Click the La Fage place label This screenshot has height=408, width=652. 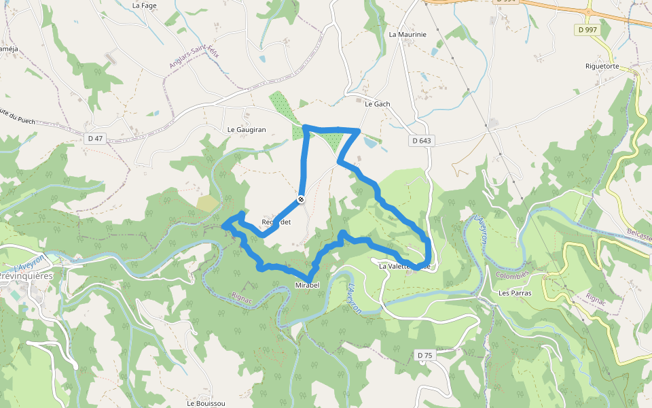pos(145,5)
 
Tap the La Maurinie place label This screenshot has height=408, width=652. pos(407,34)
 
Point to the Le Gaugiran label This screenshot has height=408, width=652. pos(247,129)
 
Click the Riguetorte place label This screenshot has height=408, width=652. pos(602,67)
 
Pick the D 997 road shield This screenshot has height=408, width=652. pos(587,29)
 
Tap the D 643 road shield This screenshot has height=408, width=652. pos(421,141)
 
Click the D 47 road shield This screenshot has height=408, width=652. pos(95,139)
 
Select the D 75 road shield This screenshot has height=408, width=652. pos(424,355)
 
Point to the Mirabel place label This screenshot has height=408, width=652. pos(307,285)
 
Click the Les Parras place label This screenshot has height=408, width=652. pos(515,294)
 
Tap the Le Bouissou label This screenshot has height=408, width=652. pos(206,403)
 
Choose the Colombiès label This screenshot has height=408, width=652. pos(512,275)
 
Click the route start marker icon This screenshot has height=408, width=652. pos(300,199)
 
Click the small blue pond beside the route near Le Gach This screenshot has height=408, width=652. pos(371,143)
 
